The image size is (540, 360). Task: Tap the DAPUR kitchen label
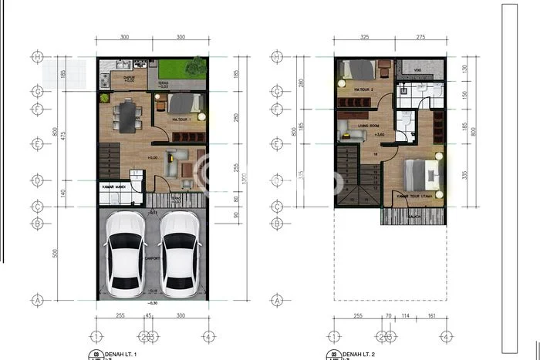click(x=120, y=78)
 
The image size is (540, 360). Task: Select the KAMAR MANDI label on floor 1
click(x=113, y=187)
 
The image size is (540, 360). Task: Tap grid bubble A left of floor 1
click(x=36, y=299)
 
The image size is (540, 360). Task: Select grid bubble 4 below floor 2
click(x=445, y=336)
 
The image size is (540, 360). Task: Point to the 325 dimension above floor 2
click(x=364, y=37)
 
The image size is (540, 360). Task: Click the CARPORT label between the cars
click(x=153, y=259)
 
